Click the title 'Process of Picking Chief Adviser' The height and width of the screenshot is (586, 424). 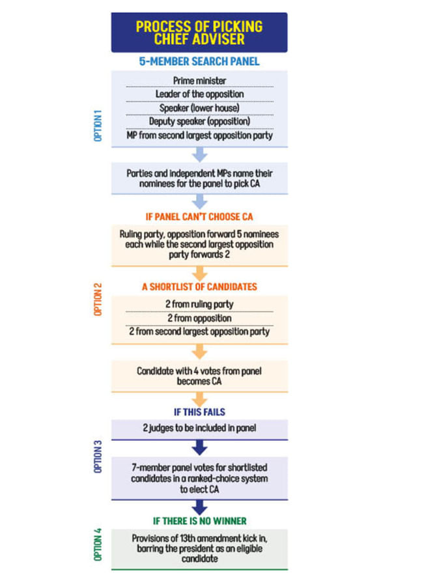tap(199, 33)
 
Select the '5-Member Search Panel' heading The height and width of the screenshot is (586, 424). tap(199, 62)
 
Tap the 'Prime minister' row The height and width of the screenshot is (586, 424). tap(199, 80)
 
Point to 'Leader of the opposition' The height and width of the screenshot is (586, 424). tap(199, 94)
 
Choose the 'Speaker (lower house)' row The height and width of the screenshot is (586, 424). tap(199, 107)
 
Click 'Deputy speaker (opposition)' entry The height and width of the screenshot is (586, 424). tap(199, 121)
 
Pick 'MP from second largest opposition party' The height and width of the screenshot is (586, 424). tap(199, 135)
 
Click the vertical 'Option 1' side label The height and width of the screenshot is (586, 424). tap(98, 126)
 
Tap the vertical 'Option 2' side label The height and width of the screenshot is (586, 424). tap(98, 299)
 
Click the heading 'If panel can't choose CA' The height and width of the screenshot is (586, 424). tap(199, 217)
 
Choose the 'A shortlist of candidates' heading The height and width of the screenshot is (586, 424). tap(199, 286)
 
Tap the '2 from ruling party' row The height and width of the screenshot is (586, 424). tap(199, 304)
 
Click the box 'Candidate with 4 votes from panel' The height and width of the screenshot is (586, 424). tap(199, 376)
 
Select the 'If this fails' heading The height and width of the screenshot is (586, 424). tap(199, 412)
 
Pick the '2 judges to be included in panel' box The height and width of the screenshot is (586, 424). tap(199, 428)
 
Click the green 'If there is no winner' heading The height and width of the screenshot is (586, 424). tap(199, 521)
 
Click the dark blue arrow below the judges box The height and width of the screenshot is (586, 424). tap(199, 448)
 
